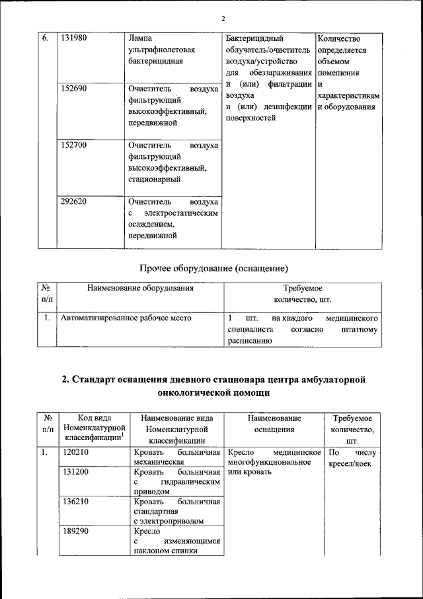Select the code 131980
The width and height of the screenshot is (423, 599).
(x=74, y=38)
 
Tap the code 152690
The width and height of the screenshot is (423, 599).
(x=74, y=88)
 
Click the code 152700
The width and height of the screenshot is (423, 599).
(x=74, y=144)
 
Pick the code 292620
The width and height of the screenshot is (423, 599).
(x=74, y=201)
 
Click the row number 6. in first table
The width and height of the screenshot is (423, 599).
(x=46, y=38)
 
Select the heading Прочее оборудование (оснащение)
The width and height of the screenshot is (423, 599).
(x=214, y=268)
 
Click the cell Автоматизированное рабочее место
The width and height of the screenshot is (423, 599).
(x=126, y=318)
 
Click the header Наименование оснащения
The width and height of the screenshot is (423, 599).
(x=274, y=424)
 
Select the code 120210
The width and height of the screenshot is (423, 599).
(x=75, y=453)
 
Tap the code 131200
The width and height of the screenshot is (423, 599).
(x=75, y=473)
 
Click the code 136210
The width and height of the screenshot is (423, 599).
(x=75, y=501)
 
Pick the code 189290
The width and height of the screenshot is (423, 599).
(x=75, y=531)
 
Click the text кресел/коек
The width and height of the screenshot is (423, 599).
(x=350, y=464)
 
